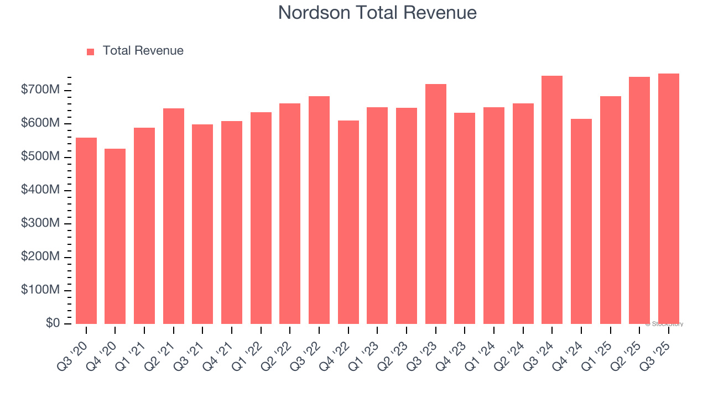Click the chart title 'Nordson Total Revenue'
click(x=377, y=12)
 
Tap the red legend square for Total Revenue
click(x=91, y=51)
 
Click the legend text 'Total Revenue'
click(x=143, y=51)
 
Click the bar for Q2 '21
click(x=174, y=216)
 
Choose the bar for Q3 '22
click(x=319, y=210)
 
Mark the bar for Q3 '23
click(x=436, y=204)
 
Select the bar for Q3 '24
click(x=552, y=200)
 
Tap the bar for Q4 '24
click(x=581, y=221)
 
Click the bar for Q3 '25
click(x=669, y=198)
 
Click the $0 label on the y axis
click(x=54, y=323)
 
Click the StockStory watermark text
click(x=664, y=324)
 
